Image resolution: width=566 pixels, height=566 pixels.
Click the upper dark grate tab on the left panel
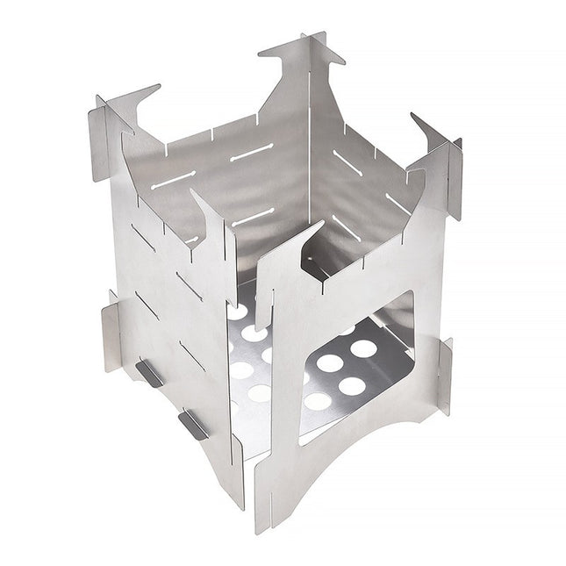pos(148,373)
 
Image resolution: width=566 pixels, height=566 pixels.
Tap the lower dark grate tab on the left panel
pos(193,425)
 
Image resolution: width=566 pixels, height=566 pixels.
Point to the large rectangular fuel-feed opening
pos(355,369)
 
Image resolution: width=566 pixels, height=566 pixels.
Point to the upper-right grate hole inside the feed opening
pos(363,348)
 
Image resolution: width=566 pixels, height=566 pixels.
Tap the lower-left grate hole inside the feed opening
pos(318,401)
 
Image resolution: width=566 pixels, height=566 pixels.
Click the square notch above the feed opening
pos(319,263)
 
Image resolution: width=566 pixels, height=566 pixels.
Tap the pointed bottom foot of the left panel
pos(237,496)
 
